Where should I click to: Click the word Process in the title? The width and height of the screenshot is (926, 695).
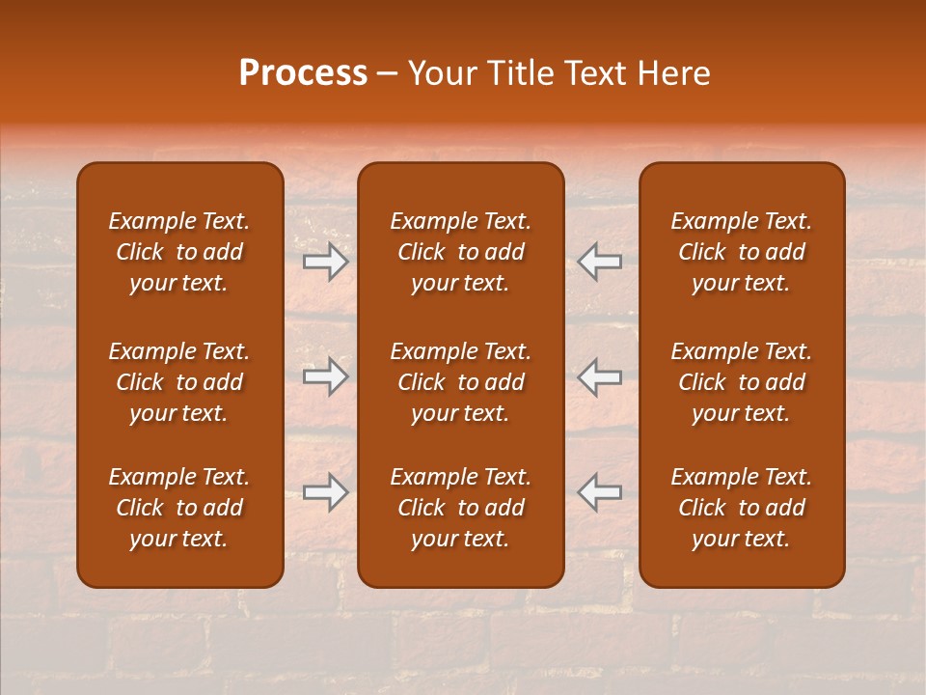303,73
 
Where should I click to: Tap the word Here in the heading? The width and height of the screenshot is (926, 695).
674,73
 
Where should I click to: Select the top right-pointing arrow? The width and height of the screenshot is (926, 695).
326,262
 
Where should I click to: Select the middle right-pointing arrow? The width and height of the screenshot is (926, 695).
326,377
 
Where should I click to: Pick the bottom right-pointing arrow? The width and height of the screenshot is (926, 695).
326,492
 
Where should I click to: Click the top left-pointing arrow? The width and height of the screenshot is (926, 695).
600,262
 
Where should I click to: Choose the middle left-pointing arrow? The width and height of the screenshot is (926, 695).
600,377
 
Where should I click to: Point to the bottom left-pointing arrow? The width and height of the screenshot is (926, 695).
600,492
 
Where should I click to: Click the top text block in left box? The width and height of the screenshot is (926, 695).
179,252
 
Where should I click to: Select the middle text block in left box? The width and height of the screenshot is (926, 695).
179,382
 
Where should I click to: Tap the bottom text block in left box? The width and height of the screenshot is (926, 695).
179,508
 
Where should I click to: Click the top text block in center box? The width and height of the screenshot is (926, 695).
461,252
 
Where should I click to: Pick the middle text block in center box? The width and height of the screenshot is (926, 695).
461,382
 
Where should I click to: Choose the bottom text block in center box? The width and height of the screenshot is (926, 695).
461,508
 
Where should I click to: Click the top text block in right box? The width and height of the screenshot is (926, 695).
742,252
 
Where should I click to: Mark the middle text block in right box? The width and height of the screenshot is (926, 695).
742,382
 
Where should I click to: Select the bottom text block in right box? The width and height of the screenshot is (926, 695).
742,508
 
